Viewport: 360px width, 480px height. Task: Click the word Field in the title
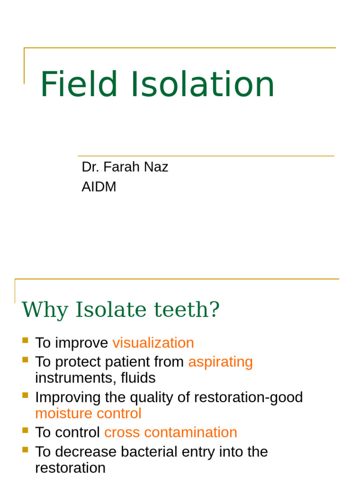79,85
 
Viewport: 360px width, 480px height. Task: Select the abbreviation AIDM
99,187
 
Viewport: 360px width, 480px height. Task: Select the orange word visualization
153,343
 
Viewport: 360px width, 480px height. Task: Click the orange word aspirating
220,362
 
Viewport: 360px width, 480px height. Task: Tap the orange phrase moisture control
88,413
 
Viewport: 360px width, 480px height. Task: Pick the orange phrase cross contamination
171,432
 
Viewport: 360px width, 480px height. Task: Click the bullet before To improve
25,340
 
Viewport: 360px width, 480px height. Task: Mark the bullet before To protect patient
25,359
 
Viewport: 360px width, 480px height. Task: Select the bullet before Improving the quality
25,395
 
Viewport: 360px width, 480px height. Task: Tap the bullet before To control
25,429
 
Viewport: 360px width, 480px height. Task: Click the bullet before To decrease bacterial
25,449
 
